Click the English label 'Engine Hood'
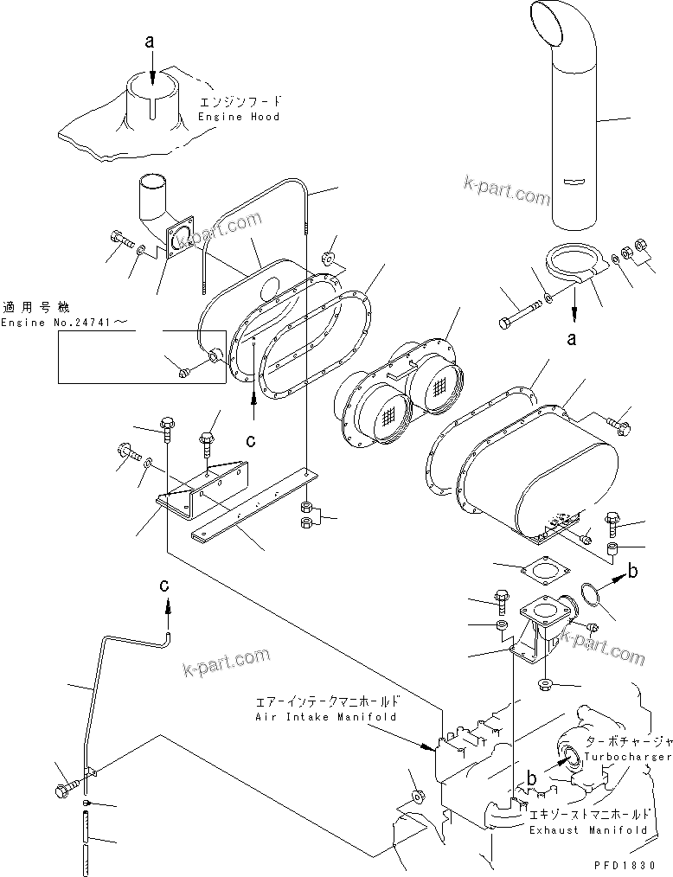(x=239, y=117)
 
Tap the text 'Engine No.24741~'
(x=67, y=323)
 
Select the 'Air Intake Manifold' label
(x=326, y=717)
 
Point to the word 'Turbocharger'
(x=627, y=757)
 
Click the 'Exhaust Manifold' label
(x=588, y=829)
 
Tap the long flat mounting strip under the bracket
(x=252, y=507)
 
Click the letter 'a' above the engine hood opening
(x=151, y=42)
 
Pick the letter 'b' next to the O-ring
(x=633, y=570)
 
